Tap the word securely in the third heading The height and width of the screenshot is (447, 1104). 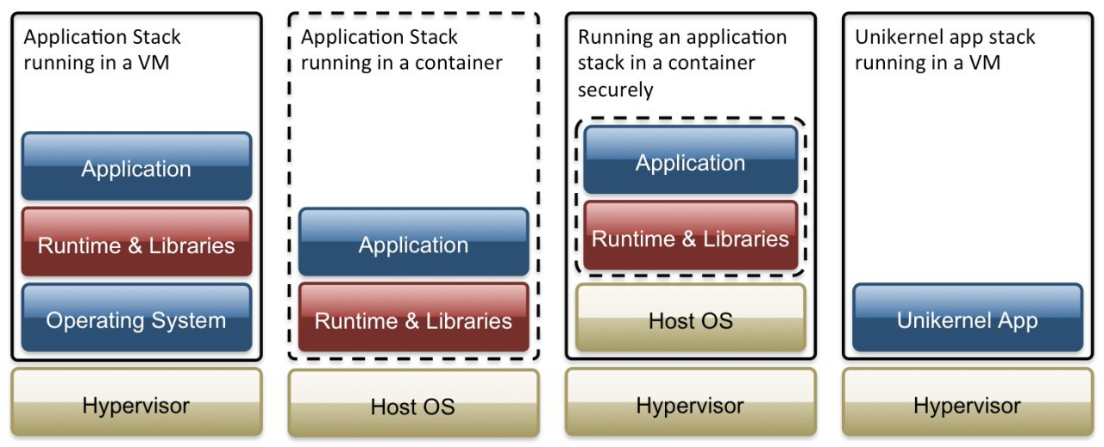pos(616,90)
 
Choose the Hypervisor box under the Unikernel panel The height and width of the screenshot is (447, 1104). pos(967,404)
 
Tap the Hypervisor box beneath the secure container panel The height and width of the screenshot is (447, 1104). pos(690,404)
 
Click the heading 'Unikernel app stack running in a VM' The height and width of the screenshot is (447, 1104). pos(945,50)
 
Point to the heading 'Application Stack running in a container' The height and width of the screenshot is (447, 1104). pos(401,50)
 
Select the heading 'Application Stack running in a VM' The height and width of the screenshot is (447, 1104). pos(103,50)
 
